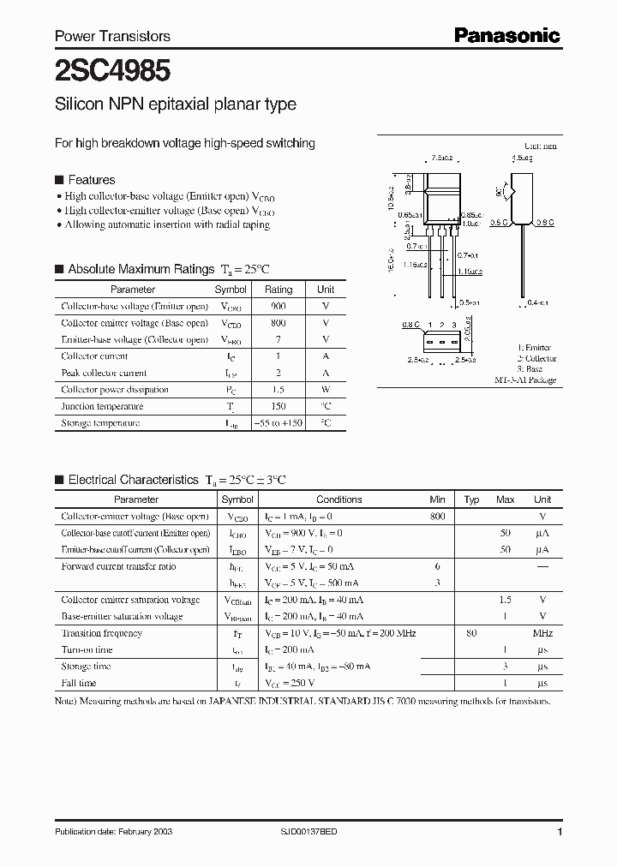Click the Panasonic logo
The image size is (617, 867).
click(506, 36)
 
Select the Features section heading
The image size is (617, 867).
click(91, 180)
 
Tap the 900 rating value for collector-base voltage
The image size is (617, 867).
click(279, 307)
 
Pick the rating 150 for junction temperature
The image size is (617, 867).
click(279, 406)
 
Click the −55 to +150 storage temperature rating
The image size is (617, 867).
click(279, 423)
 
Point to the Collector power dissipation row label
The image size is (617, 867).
click(115, 390)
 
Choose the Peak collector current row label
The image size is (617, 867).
click(104, 374)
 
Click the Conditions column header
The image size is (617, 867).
click(338, 499)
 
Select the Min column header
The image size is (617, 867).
click(438, 499)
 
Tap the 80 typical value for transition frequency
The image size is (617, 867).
click(471, 633)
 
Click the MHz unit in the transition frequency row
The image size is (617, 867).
click(542, 633)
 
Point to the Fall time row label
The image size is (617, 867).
click(79, 684)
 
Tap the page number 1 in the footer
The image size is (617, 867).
click(560, 832)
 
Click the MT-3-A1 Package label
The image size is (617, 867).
click(525, 380)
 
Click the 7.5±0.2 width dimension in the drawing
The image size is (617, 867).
click(442, 158)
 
